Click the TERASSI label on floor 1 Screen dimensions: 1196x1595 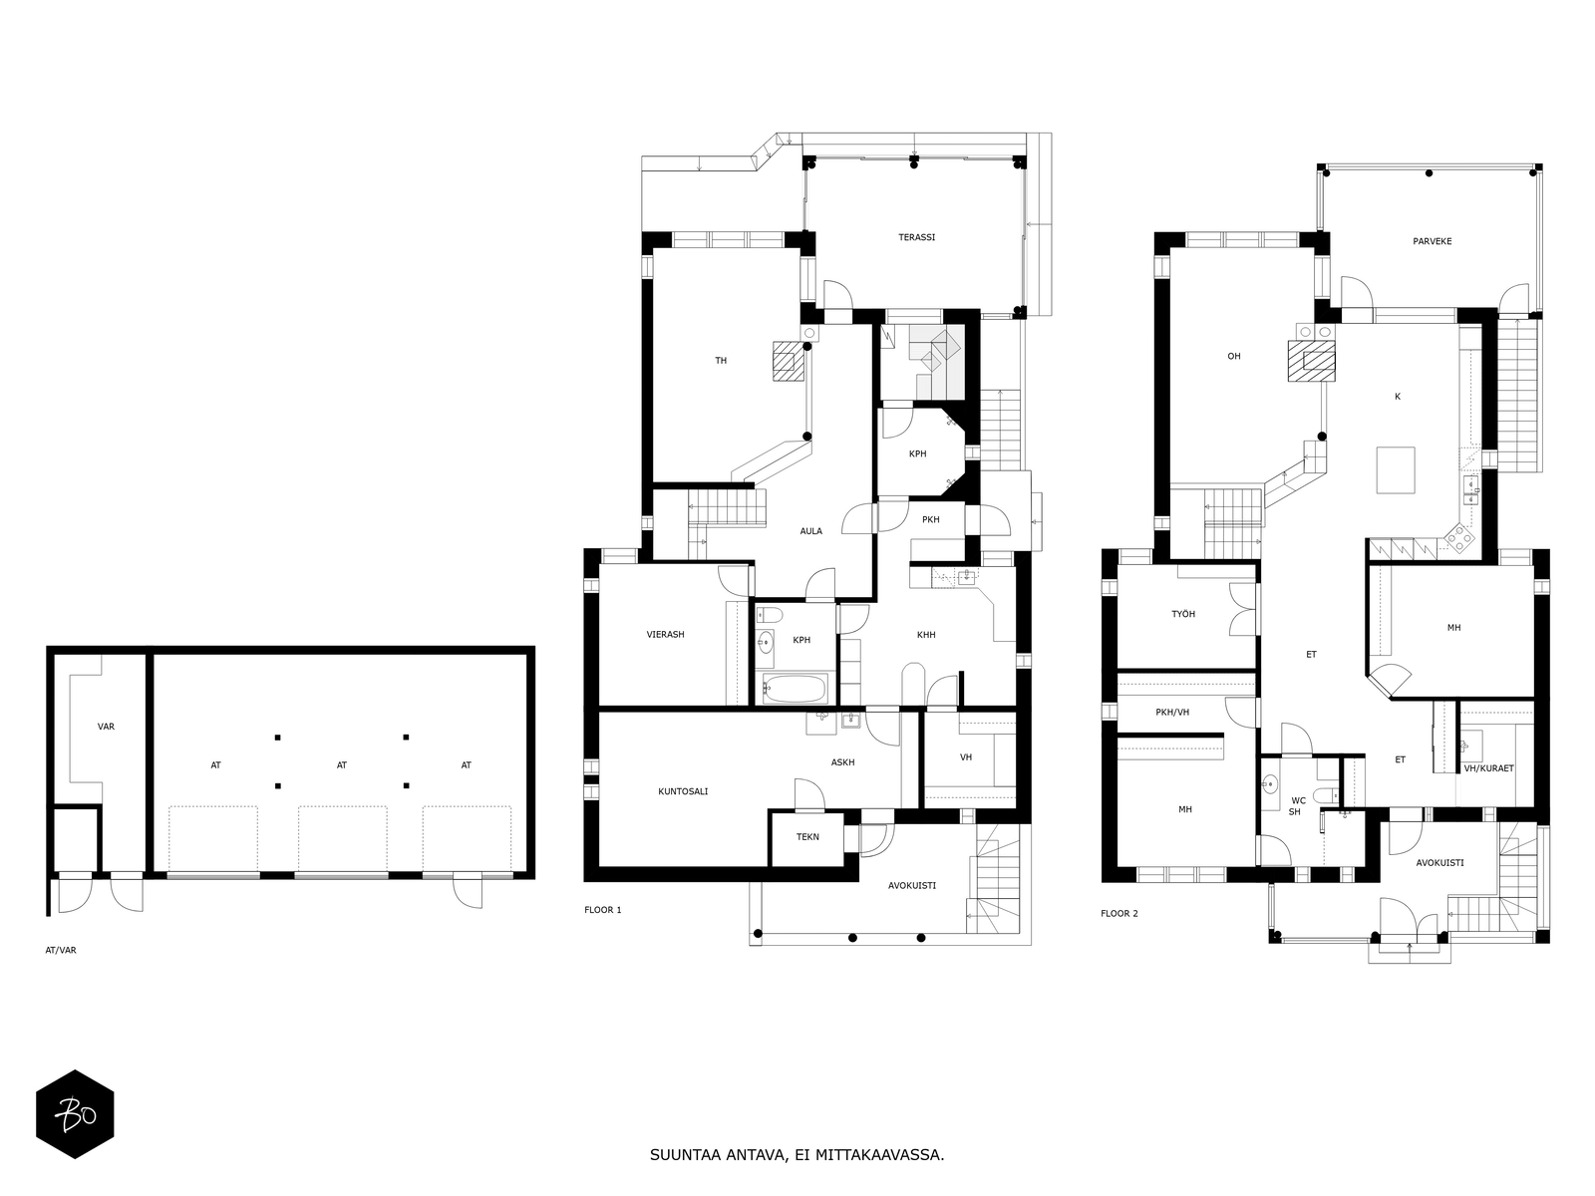coord(916,237)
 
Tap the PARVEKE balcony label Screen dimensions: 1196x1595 coord(1432,241)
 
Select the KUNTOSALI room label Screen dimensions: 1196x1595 coord(683,791)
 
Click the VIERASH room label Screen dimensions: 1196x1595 coord(665,634)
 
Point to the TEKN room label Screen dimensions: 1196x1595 coord(807,836)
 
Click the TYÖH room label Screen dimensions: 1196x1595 coord(1182,614)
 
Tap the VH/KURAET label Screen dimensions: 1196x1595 coord(1488,768)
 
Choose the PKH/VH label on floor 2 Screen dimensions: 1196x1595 coord(1172,712)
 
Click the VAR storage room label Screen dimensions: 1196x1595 coord(106,727)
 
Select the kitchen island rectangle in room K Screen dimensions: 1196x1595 coord(1396,469)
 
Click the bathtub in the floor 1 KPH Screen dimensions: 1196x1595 coord(794,689)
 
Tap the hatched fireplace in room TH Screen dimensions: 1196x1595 coord(788,361)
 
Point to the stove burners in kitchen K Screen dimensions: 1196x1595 coord(1459,538)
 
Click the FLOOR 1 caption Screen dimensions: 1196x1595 coord(602,910)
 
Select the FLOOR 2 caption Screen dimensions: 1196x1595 coord(1118,913)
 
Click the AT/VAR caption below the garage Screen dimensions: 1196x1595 coord(61,950)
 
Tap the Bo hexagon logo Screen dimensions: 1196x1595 coord(75,1113)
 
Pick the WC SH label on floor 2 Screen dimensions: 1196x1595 coord(1298,805)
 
